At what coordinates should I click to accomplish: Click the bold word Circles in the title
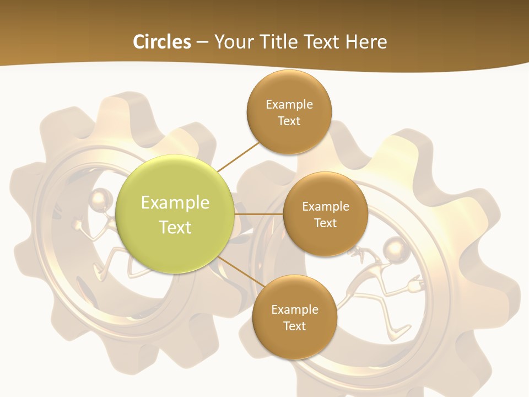click(162, 42)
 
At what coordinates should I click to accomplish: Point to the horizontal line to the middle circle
click(258, 214)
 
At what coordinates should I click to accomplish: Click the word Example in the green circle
click(175, 203)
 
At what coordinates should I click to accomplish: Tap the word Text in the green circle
click(175, 227)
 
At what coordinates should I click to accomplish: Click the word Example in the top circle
click(289, 104)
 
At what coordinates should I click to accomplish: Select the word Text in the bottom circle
click(294, 326)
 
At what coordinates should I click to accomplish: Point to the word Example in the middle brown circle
click(325, 206)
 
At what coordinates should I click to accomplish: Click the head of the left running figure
click(100, 198)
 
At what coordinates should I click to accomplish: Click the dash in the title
click(202, 42)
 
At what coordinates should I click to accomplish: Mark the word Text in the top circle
click(289, 121)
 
